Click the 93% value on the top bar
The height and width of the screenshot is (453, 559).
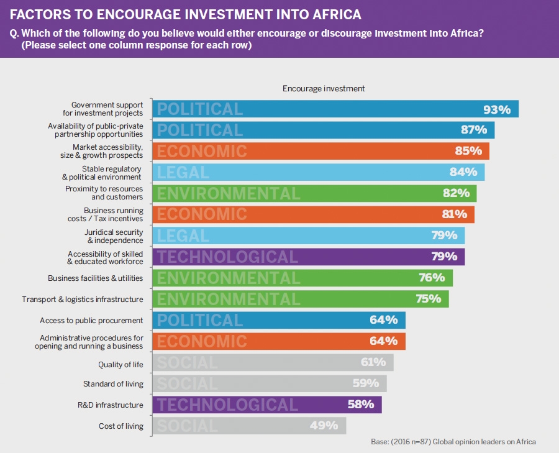[497, 109]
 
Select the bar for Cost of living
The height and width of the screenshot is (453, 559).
[248, 426]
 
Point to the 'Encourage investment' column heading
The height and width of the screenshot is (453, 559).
[324, 88]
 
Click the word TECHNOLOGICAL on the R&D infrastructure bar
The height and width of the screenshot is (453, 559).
[227, 405]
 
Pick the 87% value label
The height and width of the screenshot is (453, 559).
[474, 130]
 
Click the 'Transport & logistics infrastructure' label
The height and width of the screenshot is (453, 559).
[83, 300]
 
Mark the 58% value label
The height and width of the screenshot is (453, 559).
[361, 405]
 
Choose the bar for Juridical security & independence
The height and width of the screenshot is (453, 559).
[308, 236]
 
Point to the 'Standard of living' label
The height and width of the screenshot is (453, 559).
[113, 384]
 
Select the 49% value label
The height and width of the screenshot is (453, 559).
[324, 426]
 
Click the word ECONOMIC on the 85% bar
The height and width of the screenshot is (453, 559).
[202, 151]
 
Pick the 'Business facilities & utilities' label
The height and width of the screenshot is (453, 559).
[96, 278]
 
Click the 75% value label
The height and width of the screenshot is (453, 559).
[428, 299]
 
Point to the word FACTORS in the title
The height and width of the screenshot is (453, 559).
[39, 14]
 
